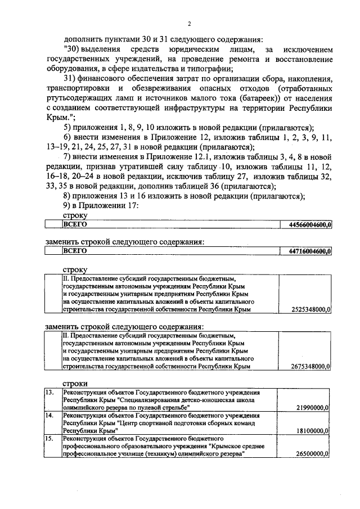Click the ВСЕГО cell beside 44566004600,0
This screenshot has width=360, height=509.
pyautogui.click(x=75, y=224)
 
